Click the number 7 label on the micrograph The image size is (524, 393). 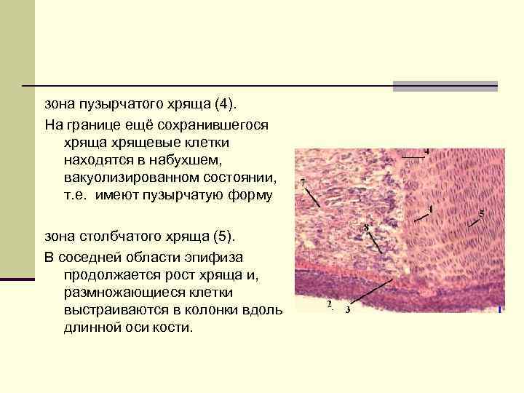(x=302, y=180)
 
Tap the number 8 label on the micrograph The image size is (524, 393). (x=366, y=228)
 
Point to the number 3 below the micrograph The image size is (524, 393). (x=348, y=309)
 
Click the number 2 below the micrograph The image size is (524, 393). (x=329, y=303)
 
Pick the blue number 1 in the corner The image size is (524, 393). (x=500, y=311)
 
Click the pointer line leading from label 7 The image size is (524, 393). (x=312, y=197)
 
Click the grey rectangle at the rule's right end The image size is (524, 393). (x=445, y=86)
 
